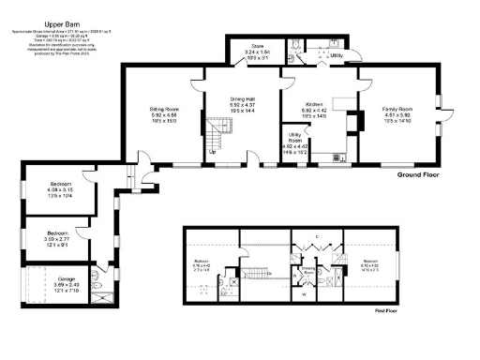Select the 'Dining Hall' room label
click(x=243, y=99)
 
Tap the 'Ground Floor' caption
click(x=417, y=175)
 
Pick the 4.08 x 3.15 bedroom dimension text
click(x=58, y=191)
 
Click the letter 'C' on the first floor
click(x=318, y=236)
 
